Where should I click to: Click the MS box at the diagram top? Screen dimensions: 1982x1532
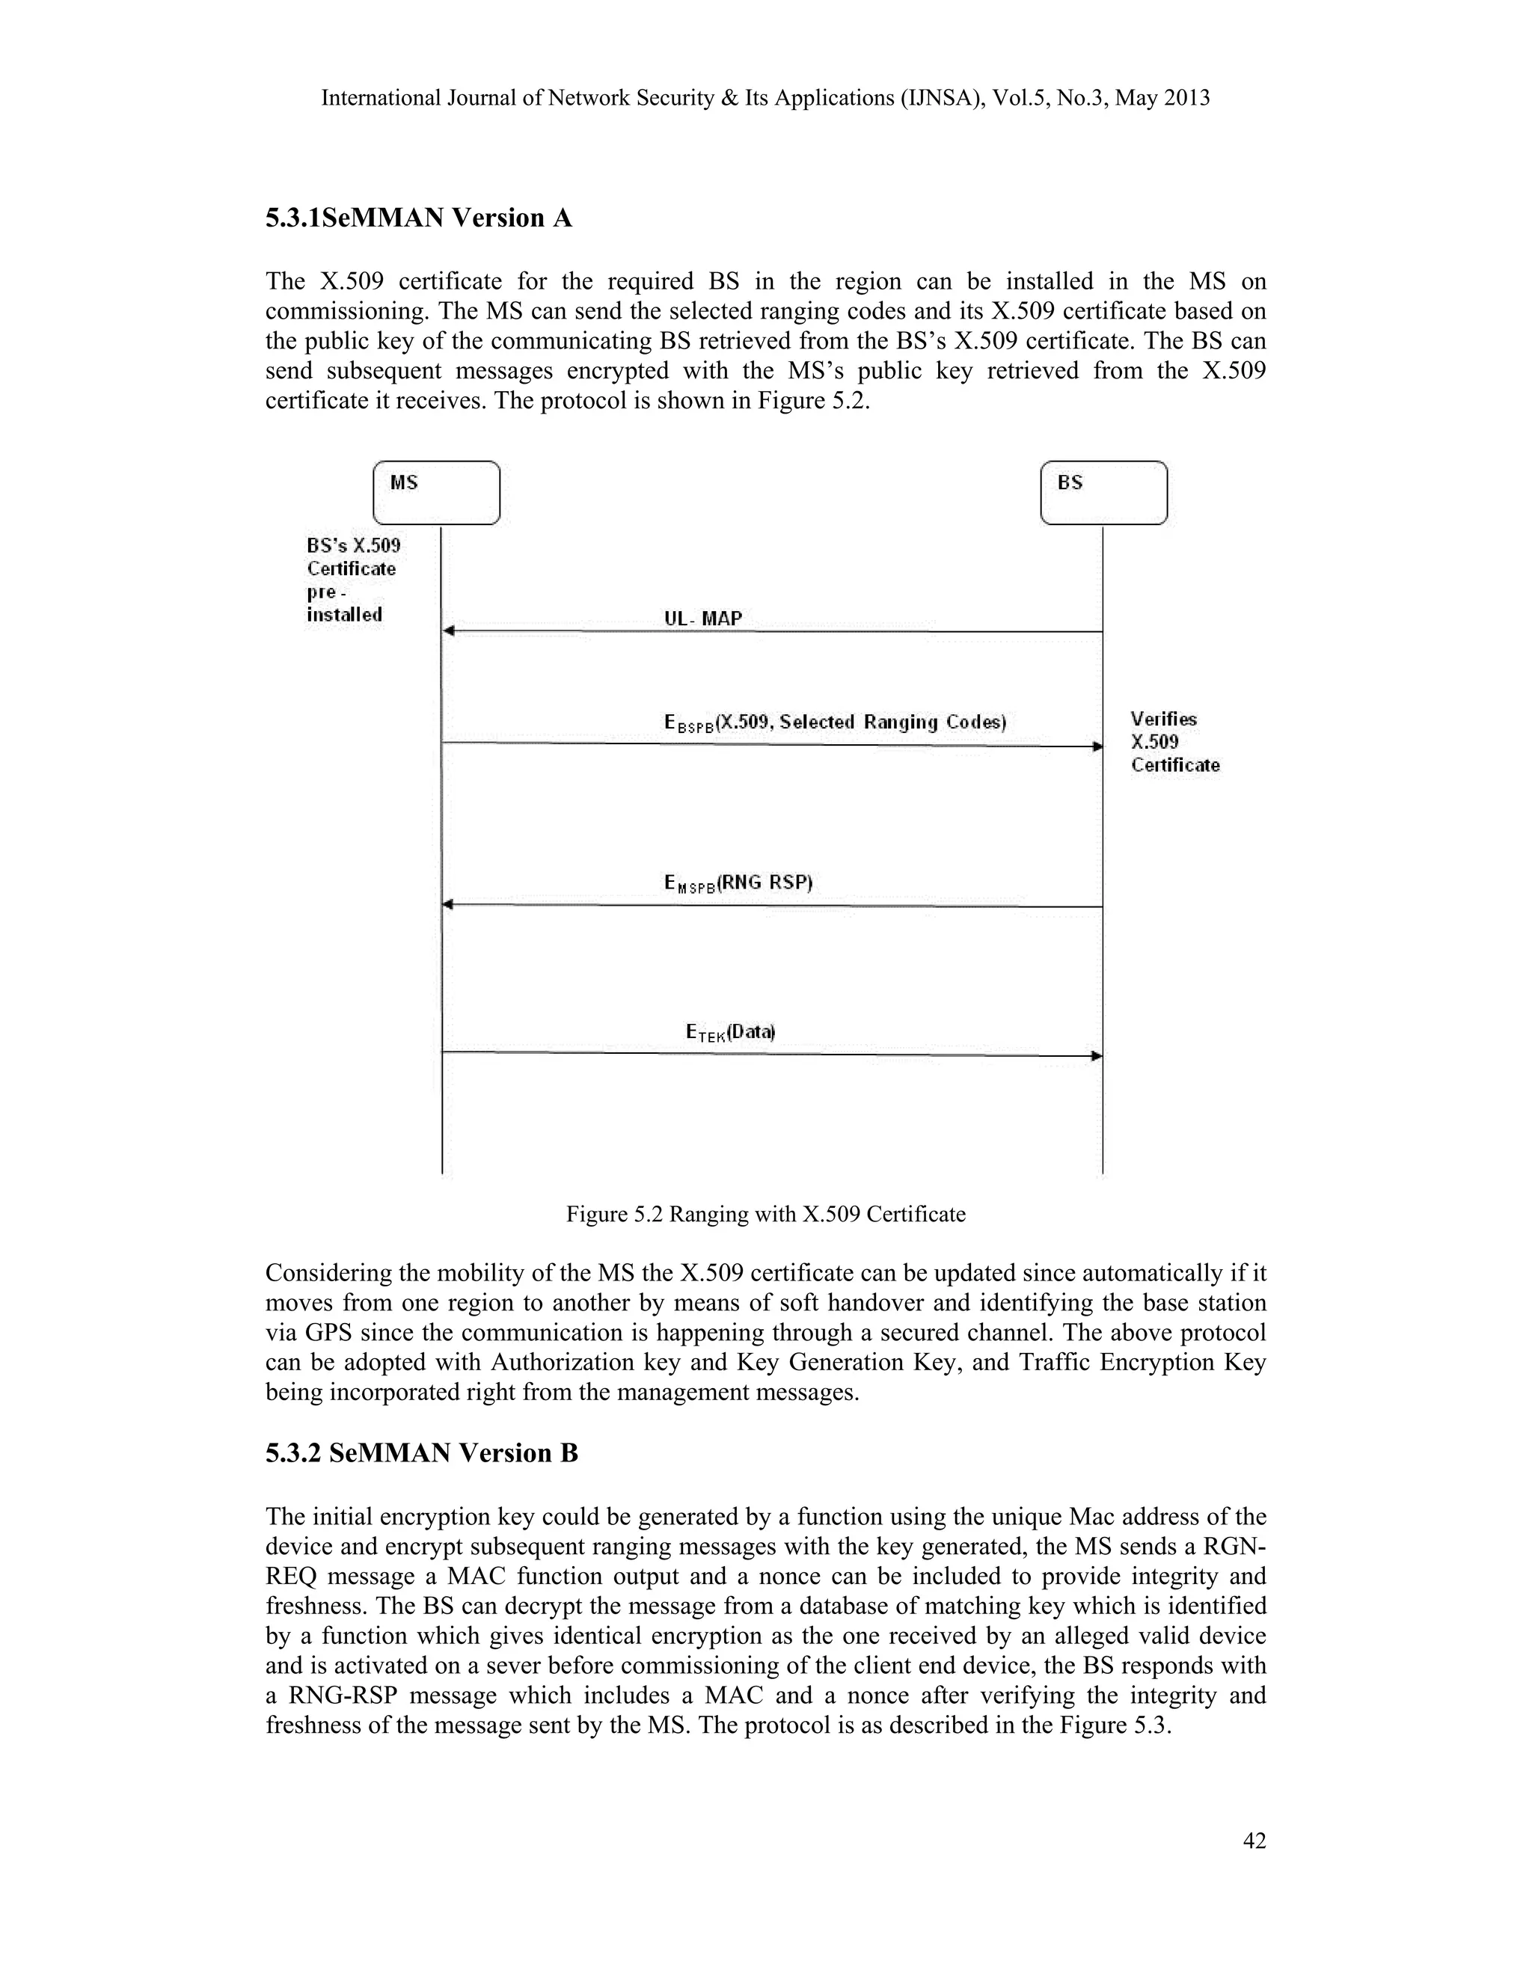point(437,492)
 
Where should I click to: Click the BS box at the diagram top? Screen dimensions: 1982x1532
point(1103,492)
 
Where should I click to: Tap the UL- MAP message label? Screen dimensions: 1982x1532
point(702,619)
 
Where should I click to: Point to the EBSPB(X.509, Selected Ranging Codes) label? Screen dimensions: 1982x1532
point(835,722)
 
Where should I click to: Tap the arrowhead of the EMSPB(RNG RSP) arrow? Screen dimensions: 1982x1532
point(448,905)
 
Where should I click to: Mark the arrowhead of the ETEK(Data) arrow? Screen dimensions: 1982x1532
point(1097,1055)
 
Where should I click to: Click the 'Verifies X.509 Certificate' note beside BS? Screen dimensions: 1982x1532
point(1174,743)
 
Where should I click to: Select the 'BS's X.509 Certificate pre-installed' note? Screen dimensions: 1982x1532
point(352,580)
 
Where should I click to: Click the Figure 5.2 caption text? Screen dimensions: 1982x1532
point(765,1214)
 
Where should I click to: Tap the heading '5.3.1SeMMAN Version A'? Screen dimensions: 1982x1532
point(418,218)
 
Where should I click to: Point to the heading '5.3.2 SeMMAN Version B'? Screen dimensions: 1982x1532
point(421,1453)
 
